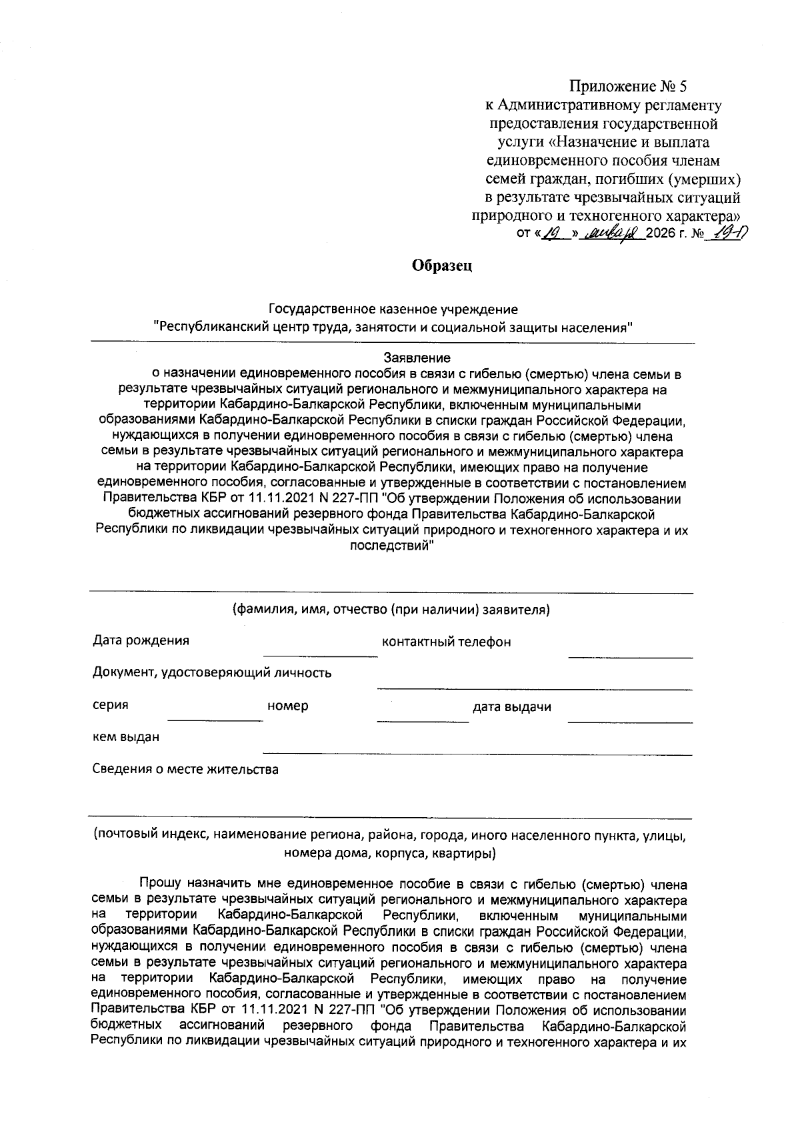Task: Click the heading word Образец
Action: (x=442, y=266)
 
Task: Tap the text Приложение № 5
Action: (x=627, y=87)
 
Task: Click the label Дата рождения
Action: (x=141, y=641)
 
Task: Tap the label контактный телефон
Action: (x=446, y=642)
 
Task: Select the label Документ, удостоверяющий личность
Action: (x=212, y=673)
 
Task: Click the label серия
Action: (x=110, y=705)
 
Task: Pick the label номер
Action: (x=287, y=706)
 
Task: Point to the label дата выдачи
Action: (x=512, y=707)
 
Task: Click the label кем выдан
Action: (x=126, y=737)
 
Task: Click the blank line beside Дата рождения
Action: (x=320, y=655)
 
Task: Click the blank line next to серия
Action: (x=215, y=720)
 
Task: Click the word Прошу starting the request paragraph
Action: (x=159, y=885)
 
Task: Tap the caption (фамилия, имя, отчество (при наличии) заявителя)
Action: (x=391, y=610)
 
